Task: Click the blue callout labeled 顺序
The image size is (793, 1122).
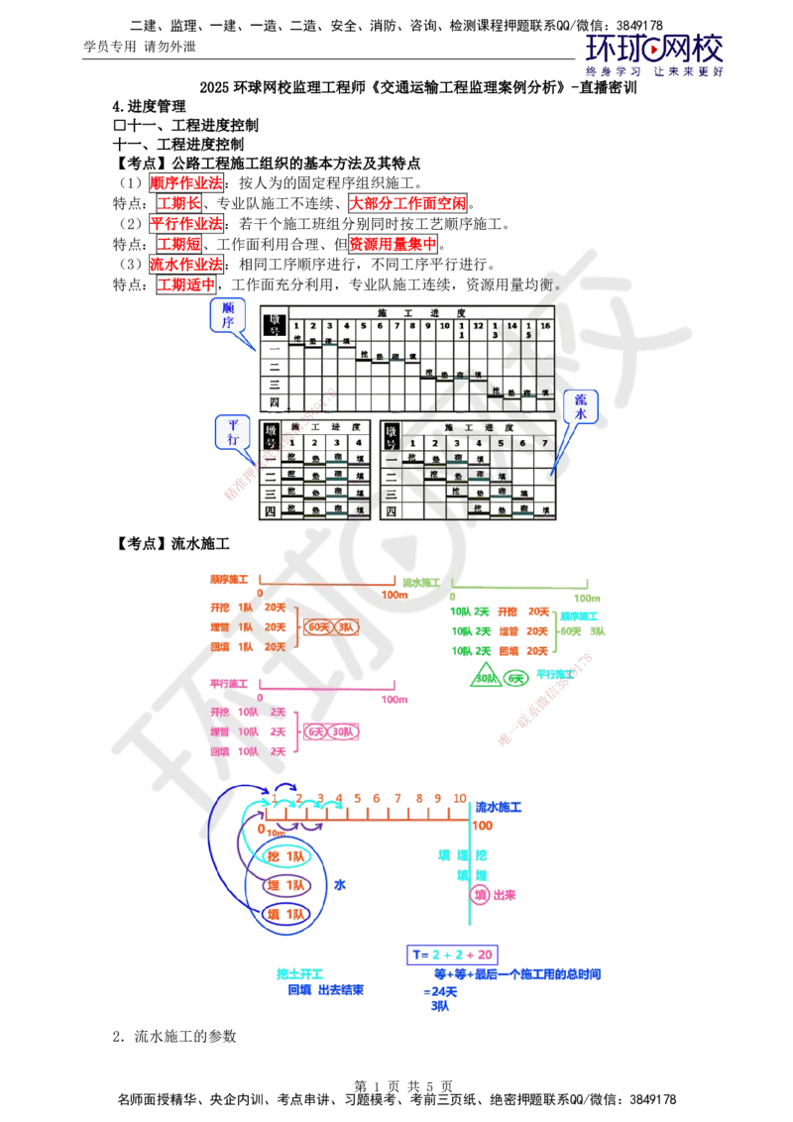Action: (x=228, y=316)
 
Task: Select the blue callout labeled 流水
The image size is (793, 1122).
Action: (x=581, y=406)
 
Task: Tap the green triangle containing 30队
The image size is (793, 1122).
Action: (x=485, y=678)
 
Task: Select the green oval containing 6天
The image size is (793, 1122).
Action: (x=514, y=678)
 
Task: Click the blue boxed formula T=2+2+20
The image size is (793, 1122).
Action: (x=451, y=954)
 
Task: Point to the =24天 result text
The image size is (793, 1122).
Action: (x=441, y=991)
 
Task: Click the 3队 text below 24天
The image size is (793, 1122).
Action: (x=440, y=1005)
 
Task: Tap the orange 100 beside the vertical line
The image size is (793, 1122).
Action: (x=483, y=826)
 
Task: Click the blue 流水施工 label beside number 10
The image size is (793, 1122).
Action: (x=498, y=808)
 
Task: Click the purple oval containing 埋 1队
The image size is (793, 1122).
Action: (x=286, y=885)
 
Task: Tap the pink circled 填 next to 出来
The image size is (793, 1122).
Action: (x=481, y=895)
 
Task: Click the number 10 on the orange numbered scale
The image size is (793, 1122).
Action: (x=460, y=798)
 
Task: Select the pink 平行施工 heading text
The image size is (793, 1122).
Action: (x=230, y=684)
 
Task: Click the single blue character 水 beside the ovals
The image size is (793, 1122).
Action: (x=340, y=884)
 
